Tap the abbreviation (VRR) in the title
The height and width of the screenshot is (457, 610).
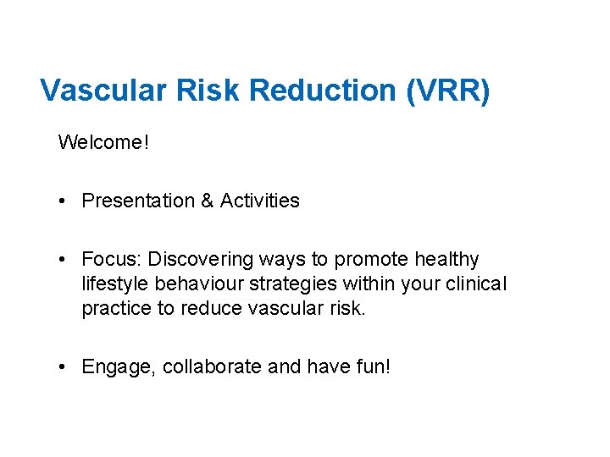click(448, 91)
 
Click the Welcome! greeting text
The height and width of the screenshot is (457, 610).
click(103, 142)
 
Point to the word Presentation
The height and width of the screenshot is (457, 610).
click(138, 201)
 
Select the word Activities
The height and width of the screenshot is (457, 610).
click(259, 201)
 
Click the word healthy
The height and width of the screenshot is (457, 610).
click(446, 259)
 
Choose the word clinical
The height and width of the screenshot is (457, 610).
click(477, 284)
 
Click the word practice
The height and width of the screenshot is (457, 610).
click(116, 309)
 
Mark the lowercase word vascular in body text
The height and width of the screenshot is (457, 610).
click(287, 309)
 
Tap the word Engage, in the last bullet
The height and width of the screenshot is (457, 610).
click(119, 367)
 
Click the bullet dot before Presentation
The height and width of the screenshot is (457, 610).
click(64, 201)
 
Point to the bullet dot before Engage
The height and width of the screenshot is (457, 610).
click(64, 368)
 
